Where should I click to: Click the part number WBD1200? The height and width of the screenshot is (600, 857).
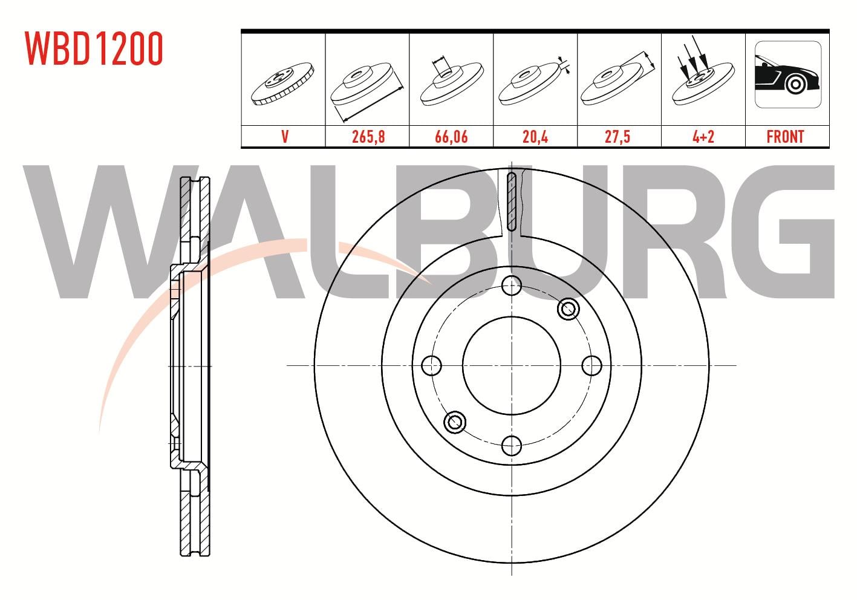coord(94,48)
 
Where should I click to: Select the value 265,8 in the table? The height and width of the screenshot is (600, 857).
coord(368,137)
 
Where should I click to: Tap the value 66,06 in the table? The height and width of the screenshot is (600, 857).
coord(451,137)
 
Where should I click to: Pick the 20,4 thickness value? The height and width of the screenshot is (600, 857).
coord(535,137)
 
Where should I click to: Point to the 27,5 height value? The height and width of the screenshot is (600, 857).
coord(617,137)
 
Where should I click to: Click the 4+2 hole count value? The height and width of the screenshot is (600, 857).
coord(703,137)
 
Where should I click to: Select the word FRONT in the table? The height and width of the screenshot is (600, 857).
coord(785,137)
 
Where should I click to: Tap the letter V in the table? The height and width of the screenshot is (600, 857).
coord(285,137)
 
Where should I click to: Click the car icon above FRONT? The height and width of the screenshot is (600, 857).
coord(788,74)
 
